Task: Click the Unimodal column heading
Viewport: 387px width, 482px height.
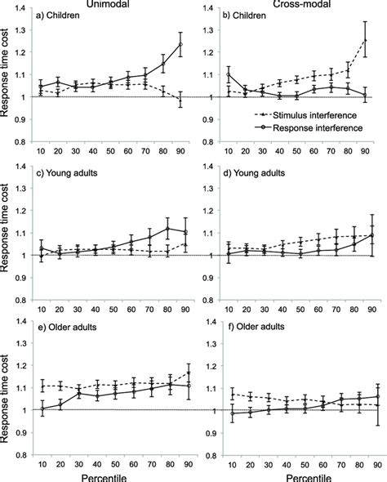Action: coord(116,6)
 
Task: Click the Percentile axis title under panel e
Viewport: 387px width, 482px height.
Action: coord(117,474)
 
